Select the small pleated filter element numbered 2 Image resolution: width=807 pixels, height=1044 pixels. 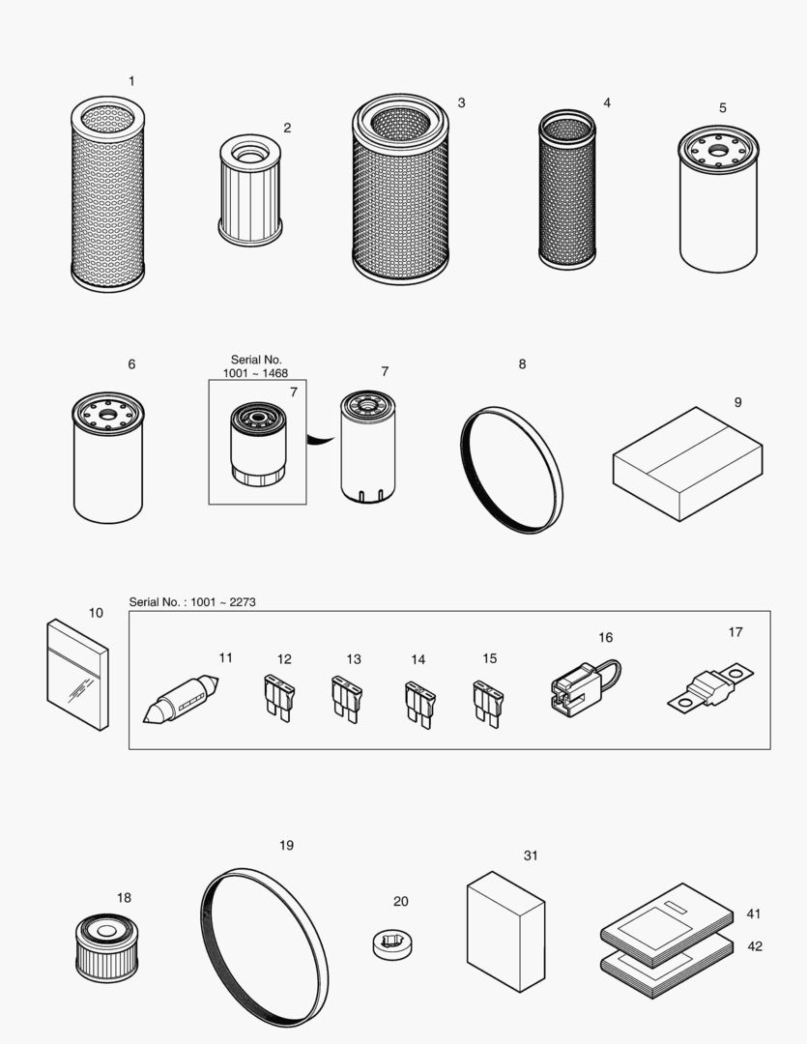pyautogui.click(x=250, y=190)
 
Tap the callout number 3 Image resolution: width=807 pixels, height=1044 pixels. pyautogui.click(x=461, y=102)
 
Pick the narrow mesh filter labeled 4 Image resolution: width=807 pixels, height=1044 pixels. pyautogui.click(x=567, y=189)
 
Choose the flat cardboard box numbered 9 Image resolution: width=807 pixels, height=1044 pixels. pyautogui.click(x=687, y=463)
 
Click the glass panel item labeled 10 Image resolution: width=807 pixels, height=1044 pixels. pyautogui.click(x=77, y=674)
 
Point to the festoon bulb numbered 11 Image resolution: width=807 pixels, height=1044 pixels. pyautogui.click(x=184, y=698)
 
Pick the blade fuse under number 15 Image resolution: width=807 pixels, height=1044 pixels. pyautogui.click(x=485, y=702)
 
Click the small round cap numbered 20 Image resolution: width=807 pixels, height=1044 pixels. pyautogui.click(x=393, y=942)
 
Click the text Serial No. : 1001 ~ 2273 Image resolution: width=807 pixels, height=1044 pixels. pyautogui.click(x=192, y=602)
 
